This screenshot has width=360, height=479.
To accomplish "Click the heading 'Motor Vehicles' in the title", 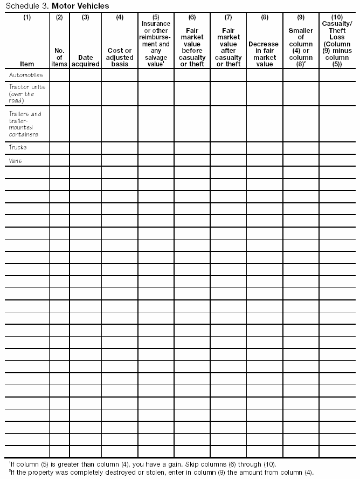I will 80,6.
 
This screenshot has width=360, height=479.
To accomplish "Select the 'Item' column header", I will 27,64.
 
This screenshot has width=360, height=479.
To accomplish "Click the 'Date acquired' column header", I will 86,60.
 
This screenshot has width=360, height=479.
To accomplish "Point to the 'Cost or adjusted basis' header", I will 120,57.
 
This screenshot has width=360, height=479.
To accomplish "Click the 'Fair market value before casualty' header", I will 192,47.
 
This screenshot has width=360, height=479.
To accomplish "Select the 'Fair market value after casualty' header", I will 228,47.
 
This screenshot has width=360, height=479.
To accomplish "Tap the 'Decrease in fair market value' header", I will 264,54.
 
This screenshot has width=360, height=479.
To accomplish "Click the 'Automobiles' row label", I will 26,75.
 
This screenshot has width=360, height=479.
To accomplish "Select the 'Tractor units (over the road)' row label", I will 27,93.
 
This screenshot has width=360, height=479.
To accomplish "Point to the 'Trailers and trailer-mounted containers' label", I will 25,124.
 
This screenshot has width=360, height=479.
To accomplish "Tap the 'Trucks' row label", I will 18,147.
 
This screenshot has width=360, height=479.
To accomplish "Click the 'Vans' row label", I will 16,160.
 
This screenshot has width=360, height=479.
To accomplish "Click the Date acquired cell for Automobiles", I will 86,75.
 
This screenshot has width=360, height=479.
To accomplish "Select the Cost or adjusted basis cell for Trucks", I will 120,147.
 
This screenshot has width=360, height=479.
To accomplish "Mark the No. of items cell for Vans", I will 59,160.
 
